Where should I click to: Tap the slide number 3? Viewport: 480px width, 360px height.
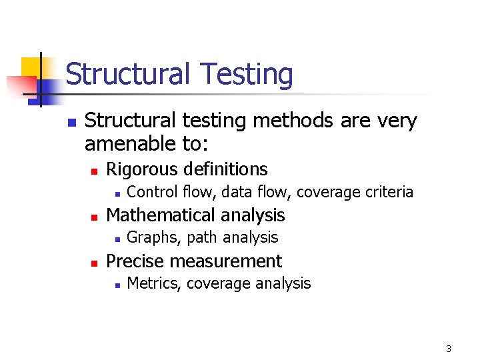coord(449,349)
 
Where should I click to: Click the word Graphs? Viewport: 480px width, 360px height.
coord(154,237)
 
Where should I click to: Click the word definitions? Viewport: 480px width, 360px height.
coord(225,169)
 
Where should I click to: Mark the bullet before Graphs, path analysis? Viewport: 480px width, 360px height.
coord(117,239)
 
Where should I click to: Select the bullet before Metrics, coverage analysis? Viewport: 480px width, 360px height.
coord(117,285)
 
